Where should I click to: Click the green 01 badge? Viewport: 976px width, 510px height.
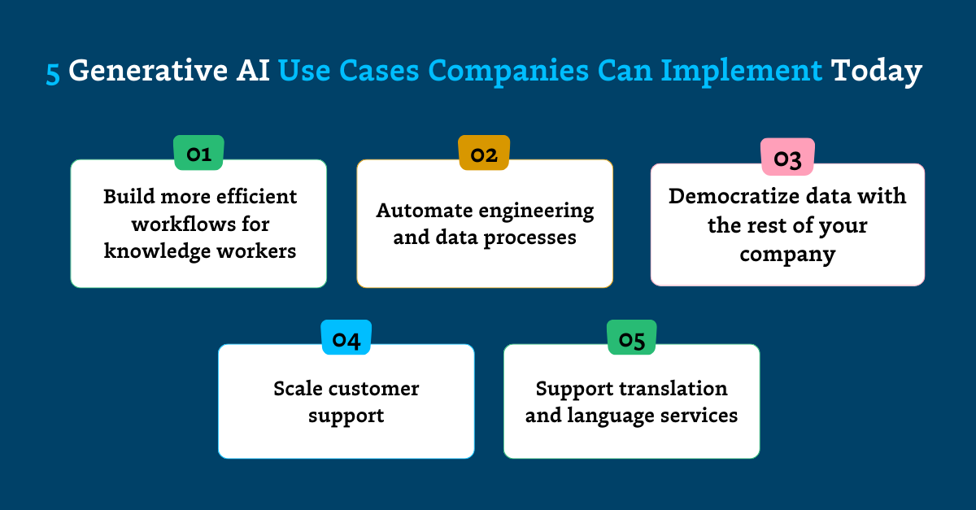point(198,153)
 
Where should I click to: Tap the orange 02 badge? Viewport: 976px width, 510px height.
point(484,153)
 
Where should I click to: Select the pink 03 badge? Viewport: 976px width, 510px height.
point(786,158)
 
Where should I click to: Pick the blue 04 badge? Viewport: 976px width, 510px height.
point(346,338)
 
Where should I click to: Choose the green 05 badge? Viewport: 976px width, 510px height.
point(632,338)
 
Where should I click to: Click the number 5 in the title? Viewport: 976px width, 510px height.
point(53,72)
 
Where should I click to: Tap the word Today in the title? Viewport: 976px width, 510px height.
point(876,72)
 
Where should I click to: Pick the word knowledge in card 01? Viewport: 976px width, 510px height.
point(155,251)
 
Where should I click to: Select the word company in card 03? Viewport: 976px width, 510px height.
point(787,254)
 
